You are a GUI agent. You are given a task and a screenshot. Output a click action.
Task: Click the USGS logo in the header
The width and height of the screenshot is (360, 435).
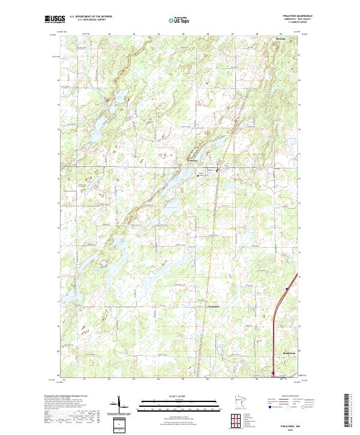tap(55, 20)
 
